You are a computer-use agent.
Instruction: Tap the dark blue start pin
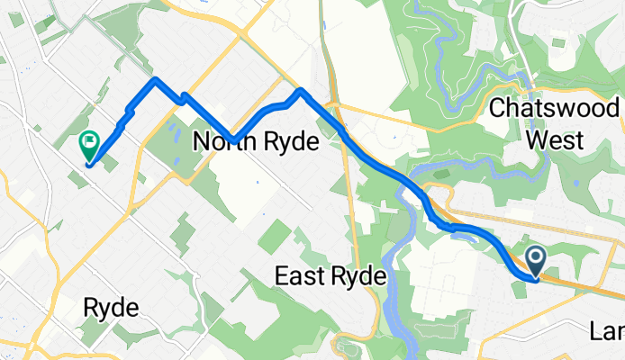535,263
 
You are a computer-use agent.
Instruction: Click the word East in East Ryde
298,275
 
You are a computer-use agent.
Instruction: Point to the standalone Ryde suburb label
111,308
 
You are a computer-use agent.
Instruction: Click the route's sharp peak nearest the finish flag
155,80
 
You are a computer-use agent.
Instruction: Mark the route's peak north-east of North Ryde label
300,91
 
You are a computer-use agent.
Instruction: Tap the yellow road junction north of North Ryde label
242,34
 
